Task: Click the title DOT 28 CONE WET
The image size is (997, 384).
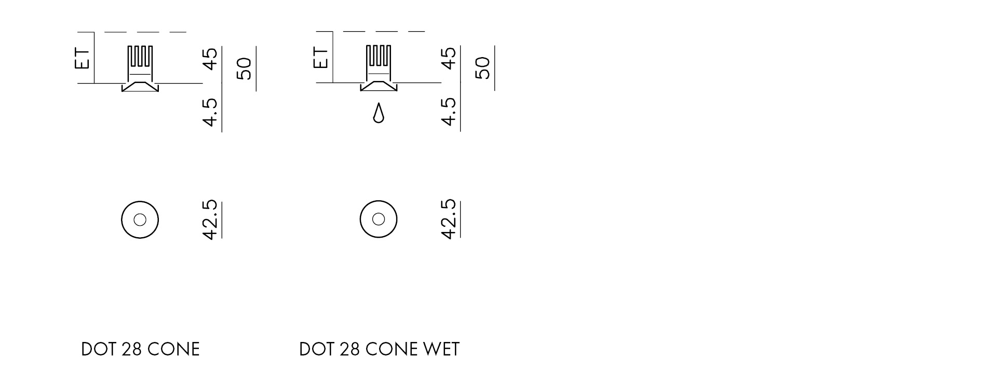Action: click(x=379, y=349)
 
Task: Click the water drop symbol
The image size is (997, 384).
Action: click(x=379, y=114)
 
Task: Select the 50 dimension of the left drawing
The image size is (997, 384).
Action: click(x=244, y=68)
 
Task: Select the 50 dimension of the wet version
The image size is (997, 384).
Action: click(x=483, y=68)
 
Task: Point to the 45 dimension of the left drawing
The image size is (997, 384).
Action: click(x=210, y=58)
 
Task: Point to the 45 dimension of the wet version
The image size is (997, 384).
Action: click(x=449, y=58)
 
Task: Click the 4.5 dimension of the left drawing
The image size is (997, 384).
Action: click(x=210, y=112)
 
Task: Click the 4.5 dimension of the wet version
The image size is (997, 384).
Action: click(x=449, y=111)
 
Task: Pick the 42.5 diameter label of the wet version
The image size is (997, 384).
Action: click(x=449, y=219)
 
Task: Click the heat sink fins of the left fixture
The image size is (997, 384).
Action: click(x=140, y=56)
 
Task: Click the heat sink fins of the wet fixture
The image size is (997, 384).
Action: click(x=379, y=56)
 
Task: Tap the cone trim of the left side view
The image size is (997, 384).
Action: click(x=140, y=87)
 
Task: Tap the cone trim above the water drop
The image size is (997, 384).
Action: click(x=379, y=86)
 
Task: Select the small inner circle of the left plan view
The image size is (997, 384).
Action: click(x=140, y=220)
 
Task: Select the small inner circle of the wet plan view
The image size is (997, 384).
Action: click(x=379, y=219)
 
